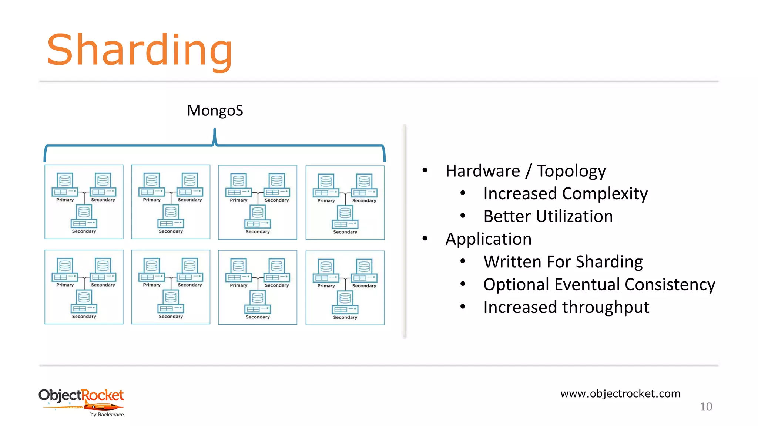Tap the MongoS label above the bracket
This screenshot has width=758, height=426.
pyautogui.click(x=215, y=111)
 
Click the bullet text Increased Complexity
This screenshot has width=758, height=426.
pyautogui.click(x=565, y=194)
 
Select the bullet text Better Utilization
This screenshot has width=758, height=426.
pyautogui.click(x=548, y=216)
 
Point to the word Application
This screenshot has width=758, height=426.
pyautogui.click(x=488, y=239)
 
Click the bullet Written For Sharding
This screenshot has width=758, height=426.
pyautogui.click(x=563, y=262)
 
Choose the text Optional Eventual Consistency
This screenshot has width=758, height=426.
pyautogui.click(x=599, y=285)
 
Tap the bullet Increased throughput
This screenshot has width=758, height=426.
pyautogui.click(x=566, y=307)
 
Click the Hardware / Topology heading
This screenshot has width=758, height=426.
pyautogui.click(x=525, y=171)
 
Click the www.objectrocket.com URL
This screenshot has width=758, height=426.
pyautogui.click(x=620, y=393)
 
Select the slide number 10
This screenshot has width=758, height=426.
pyautogui.click(x=705, y=407)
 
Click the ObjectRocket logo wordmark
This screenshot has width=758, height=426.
pyautogui.click(x=81, y=395)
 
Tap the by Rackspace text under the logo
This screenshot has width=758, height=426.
pyautogui.click(x=107, y=415)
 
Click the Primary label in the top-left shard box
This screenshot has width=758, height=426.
pyautogui.click(x=65, y=200)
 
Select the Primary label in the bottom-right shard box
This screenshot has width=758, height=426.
pyautogui.click(x=326, y=286)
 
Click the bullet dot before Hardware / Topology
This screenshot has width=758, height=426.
pyautogui.click(x=425, y=170)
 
